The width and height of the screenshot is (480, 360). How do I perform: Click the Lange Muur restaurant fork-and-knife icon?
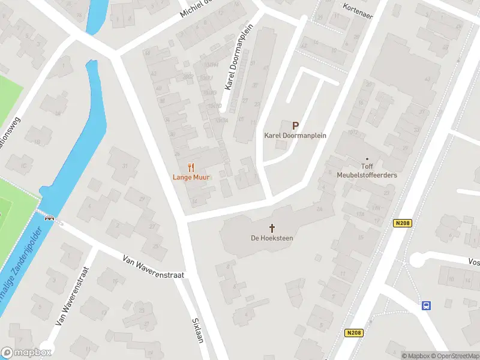(x=191, y=167)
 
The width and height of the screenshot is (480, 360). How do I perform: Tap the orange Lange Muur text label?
(x=191, y=178)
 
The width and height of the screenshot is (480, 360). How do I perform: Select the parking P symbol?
(x=295, y=125)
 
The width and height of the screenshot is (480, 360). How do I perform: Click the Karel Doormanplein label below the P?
(x=295, y=136)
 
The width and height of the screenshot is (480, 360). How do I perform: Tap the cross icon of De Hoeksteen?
(x=272, y=228)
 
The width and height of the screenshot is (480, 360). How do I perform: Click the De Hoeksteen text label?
(x=272, y=238)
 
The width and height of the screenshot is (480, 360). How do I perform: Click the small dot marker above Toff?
(x=367, y=159)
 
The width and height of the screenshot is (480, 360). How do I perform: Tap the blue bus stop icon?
(x=427, y=305)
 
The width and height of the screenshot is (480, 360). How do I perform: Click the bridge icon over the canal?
(x=50, y=218)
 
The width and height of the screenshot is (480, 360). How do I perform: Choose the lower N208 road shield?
(x=353, y=332)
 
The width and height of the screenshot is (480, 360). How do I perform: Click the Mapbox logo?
(x=26, y=352)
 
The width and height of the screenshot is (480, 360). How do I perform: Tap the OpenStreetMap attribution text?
(x=455, y=356)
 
